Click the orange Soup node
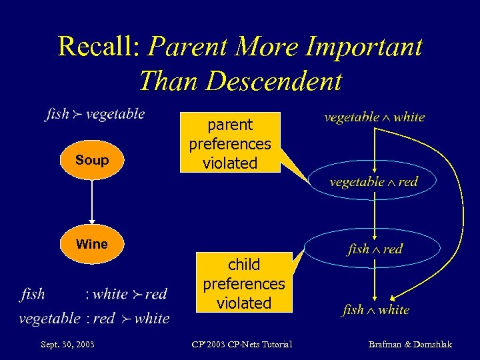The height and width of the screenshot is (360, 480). pos(92,160)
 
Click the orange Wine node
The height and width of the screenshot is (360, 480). pos(92,244)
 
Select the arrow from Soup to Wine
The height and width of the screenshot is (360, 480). pos(92,202)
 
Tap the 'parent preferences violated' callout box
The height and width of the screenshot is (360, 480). pos(230,144)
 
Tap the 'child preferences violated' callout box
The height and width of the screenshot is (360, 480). pos(244,283)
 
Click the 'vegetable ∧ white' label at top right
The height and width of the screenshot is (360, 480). pos(374,117)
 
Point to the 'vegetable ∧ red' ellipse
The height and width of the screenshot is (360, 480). pos(374,181)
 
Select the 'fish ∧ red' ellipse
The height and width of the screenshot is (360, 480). pos(375,249)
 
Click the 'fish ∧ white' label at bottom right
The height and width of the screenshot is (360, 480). pos(375,310)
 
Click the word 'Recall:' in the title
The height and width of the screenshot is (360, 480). pos(99,47)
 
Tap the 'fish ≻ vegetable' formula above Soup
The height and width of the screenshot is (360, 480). pos(95,114)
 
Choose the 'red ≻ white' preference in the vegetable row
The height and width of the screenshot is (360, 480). pos(131,319)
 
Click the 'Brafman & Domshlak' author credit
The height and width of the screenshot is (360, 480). pos(410,344)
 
